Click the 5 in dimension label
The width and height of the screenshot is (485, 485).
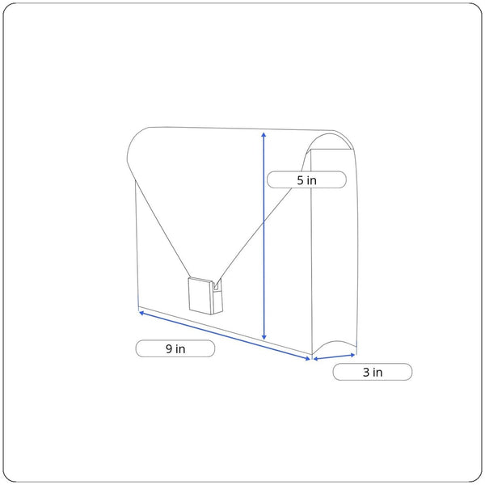[x=306, y=179]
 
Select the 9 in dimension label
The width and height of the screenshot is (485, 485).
[x=175, y=348]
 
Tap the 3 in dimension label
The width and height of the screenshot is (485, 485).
[x=373, y=372]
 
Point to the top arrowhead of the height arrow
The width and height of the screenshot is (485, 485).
[x=264, y=134]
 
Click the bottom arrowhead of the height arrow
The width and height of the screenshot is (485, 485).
[x=264, y=338]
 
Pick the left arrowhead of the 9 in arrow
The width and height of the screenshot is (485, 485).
[x=141, y=313]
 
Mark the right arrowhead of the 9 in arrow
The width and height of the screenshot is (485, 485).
[x=308, y=359]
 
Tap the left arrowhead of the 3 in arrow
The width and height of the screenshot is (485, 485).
[x=315, y=359]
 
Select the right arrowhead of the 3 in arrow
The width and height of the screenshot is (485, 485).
[x=352, y=355]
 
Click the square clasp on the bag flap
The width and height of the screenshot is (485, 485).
[x=200, y=296]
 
